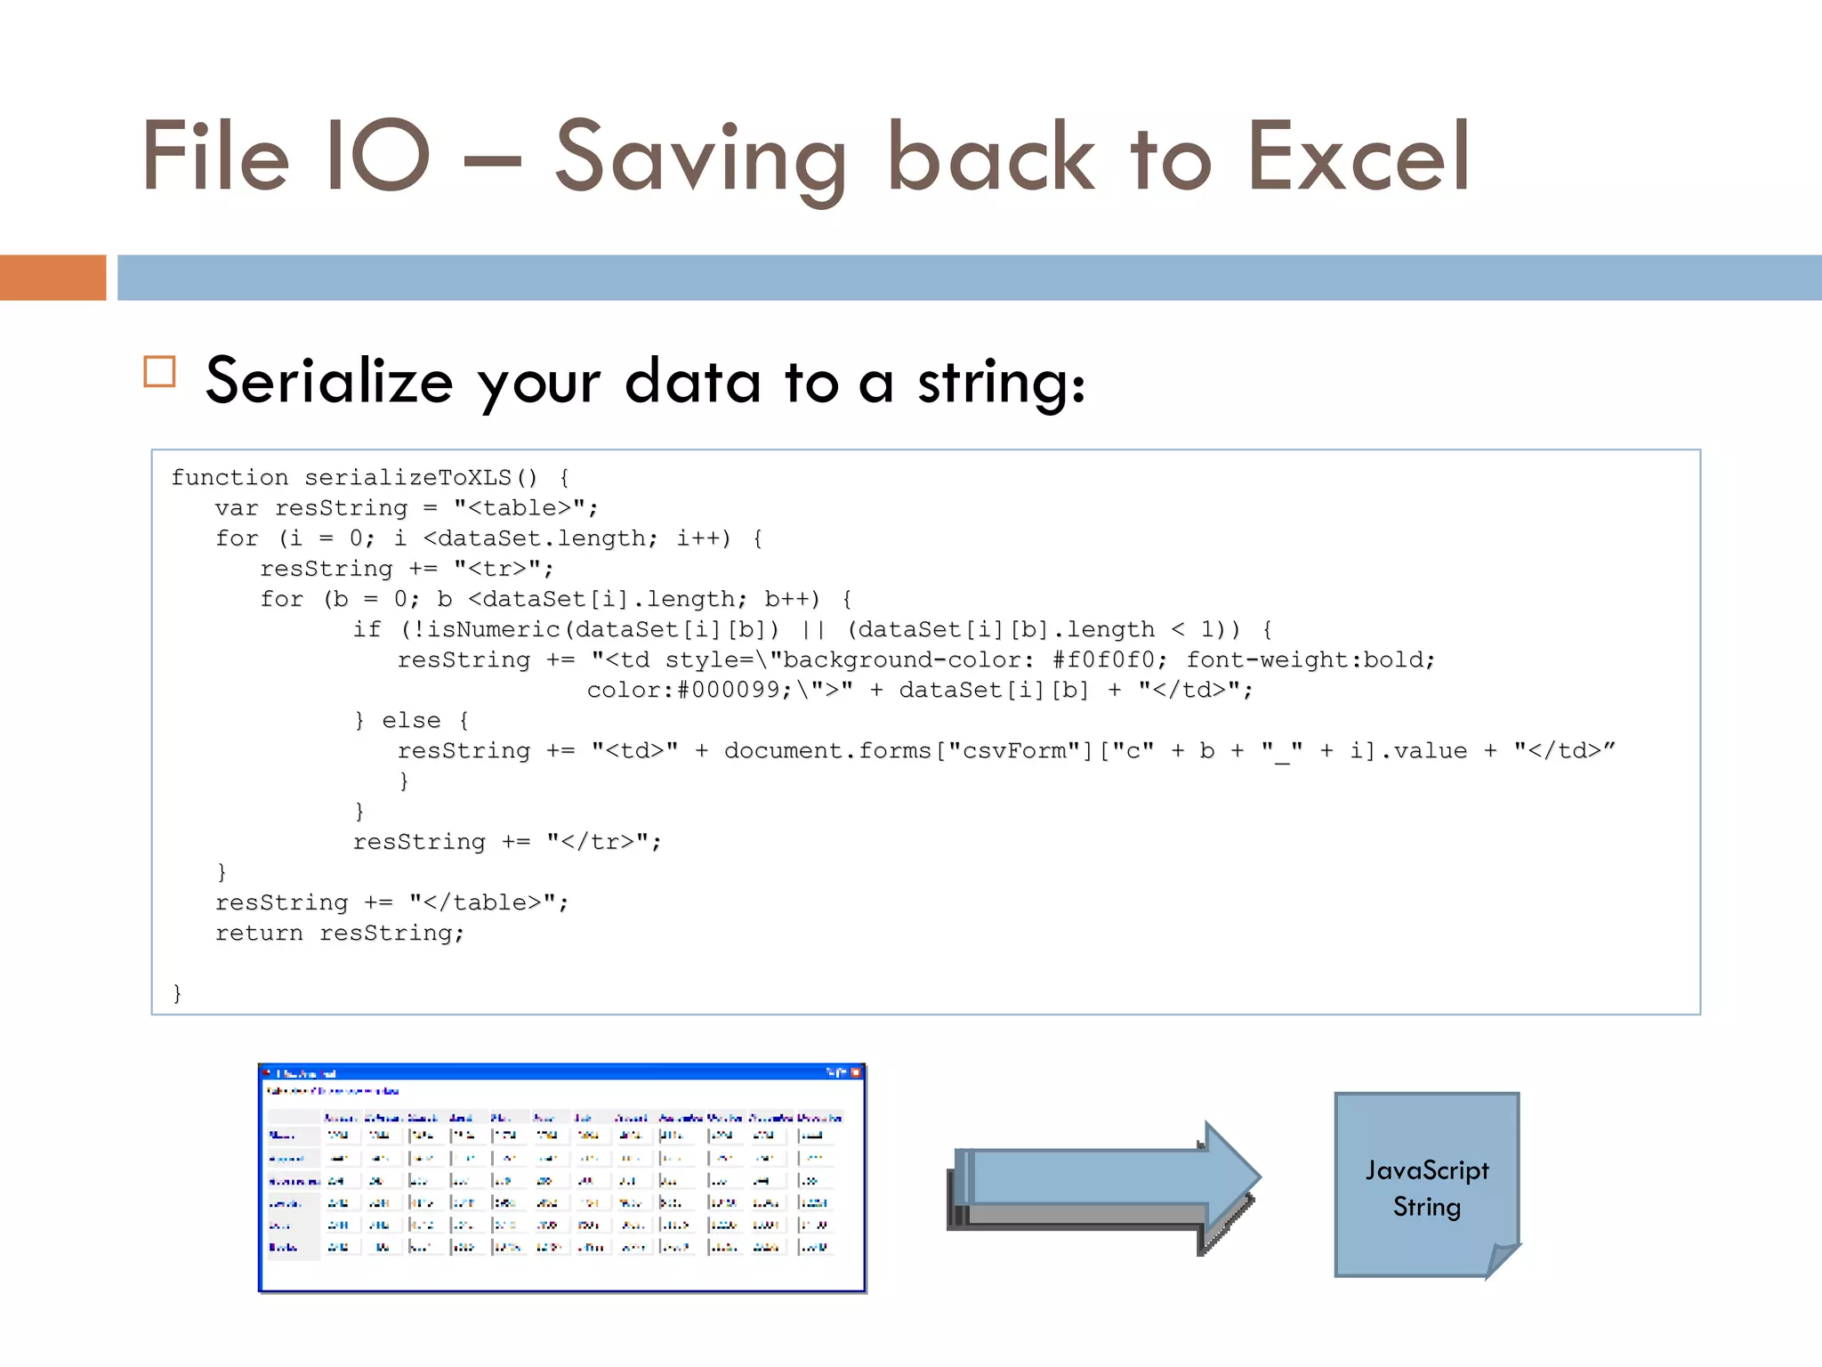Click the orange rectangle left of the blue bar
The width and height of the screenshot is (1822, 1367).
[52, 278]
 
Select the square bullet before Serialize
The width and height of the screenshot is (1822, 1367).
[160, 371]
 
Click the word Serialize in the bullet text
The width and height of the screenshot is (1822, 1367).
[329, 382]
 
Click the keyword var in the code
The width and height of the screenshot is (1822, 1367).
[236, 508]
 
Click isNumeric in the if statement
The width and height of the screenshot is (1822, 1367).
[493, 629]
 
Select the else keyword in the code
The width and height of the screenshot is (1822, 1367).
[411, 720]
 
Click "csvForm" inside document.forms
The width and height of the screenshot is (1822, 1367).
[1014, 750]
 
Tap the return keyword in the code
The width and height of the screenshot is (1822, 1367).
[259, 933]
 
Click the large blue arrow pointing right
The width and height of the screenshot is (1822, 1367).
[1103, 1179]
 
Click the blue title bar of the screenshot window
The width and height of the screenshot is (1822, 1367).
[560, 1072]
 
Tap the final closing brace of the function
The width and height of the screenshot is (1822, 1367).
[177, 992]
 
